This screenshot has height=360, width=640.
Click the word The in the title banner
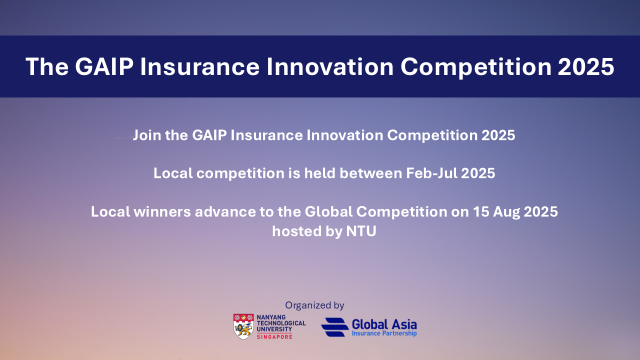47,66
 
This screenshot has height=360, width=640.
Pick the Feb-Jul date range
432,173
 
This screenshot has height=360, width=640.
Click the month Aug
504,211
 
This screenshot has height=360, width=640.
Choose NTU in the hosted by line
361,231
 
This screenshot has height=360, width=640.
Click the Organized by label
314,305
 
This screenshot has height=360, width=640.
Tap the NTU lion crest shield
243,326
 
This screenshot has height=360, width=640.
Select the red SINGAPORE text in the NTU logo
274,336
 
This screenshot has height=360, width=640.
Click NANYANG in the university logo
271,317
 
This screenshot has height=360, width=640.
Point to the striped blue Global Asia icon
334,327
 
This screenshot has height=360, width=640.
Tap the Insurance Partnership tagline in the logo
384,333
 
